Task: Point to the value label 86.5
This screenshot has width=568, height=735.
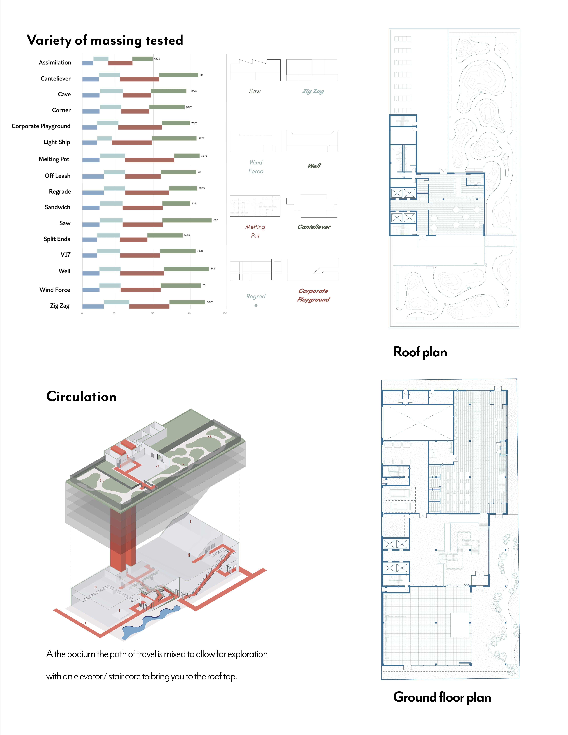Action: (216, 220)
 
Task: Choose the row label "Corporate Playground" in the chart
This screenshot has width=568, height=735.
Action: (41, 126)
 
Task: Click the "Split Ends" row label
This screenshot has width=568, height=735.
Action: (57, 239)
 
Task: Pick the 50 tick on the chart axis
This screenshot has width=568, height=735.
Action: (153, 313)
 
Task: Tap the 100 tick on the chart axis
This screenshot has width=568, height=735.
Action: (225, 313)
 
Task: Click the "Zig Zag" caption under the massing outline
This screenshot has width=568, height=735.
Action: (313, 91)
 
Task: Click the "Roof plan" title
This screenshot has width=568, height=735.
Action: (420, 352)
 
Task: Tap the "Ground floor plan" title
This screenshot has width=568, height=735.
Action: (442, 697)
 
